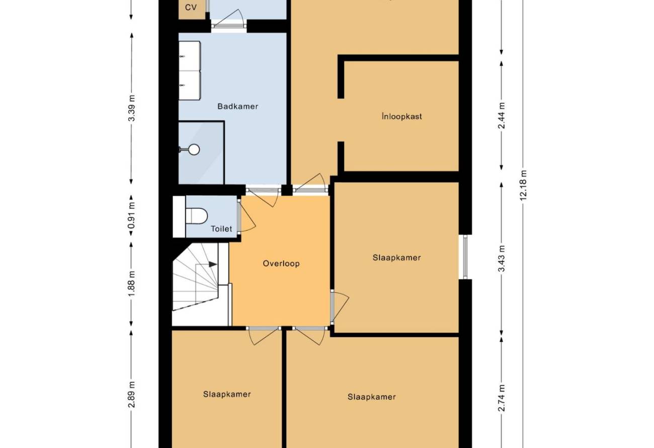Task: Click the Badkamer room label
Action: (x=237, y=106)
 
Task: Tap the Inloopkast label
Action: (x=402, y=116)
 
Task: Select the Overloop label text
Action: (x=281, y=264)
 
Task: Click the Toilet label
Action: (x=221, y=229)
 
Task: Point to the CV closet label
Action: (x=191, y=8)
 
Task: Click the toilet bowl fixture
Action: (x=197, y=216)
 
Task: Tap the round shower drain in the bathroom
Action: (x=194, y=150)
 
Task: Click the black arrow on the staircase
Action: (x=213, y=264)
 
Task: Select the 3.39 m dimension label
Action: (x=132, y=108)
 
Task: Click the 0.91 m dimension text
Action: (x=132, y=215)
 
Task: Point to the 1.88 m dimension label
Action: (x=132, y=283)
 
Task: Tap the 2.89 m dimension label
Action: (x=132, y=395)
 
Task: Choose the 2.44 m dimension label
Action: (x=502, y=116)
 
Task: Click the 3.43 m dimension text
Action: (x=502, y=259)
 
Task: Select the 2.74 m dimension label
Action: (x=502, y=398)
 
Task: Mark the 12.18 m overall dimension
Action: (x=523, y=185)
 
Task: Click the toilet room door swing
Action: (x=247, y=216)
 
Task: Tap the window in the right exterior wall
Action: (x=465, y=257)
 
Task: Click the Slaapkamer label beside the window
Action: (x=396, y=258)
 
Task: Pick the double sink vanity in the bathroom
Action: (x=190, y=70)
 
